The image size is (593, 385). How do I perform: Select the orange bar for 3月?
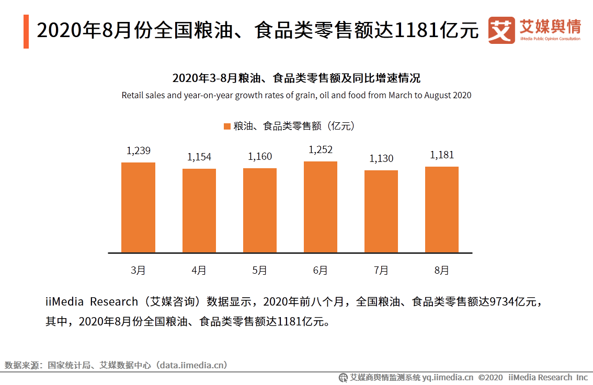pyautogui.click(x=138, y=207)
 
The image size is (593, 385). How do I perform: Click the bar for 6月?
pyautogui.click(x=320, y=207)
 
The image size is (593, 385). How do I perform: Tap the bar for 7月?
pyautogui.click(x=381, y=211)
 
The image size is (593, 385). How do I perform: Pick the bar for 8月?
pyautogui.click(x=441, y=209)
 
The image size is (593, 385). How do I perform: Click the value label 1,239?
pyautogui.click(x=138, y=151)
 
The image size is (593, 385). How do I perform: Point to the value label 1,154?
pyautogui.click(x=199, y=157)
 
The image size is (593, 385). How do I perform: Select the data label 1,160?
pyautogui.click(x=259, y=157)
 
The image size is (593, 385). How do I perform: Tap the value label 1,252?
pyautogui.click(x=320, y=150)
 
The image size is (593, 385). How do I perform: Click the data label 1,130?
pyautogui.click(x=381, y=159)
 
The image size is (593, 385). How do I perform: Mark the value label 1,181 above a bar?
pyautogui.click(x=441, y=155)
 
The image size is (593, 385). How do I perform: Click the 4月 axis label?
pyautogui.click(x=199, y=271)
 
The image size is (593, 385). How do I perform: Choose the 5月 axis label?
pyautogui.click(x=259, y=271)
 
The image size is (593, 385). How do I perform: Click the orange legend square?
pyautogui.click(x=227, y=126)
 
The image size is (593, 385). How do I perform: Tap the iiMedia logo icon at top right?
pyautogui.click(x=501, y=30)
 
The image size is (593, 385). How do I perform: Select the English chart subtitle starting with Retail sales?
pyautogui.click(x=296, y=96)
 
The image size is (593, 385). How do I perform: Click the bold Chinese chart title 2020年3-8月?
pyautogui.click(x=296, y=79)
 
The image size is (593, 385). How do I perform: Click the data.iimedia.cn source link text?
pyautogui.click(x=192, y=365)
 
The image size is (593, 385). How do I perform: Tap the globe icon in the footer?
pyautogui.click(x=343, y=377)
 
